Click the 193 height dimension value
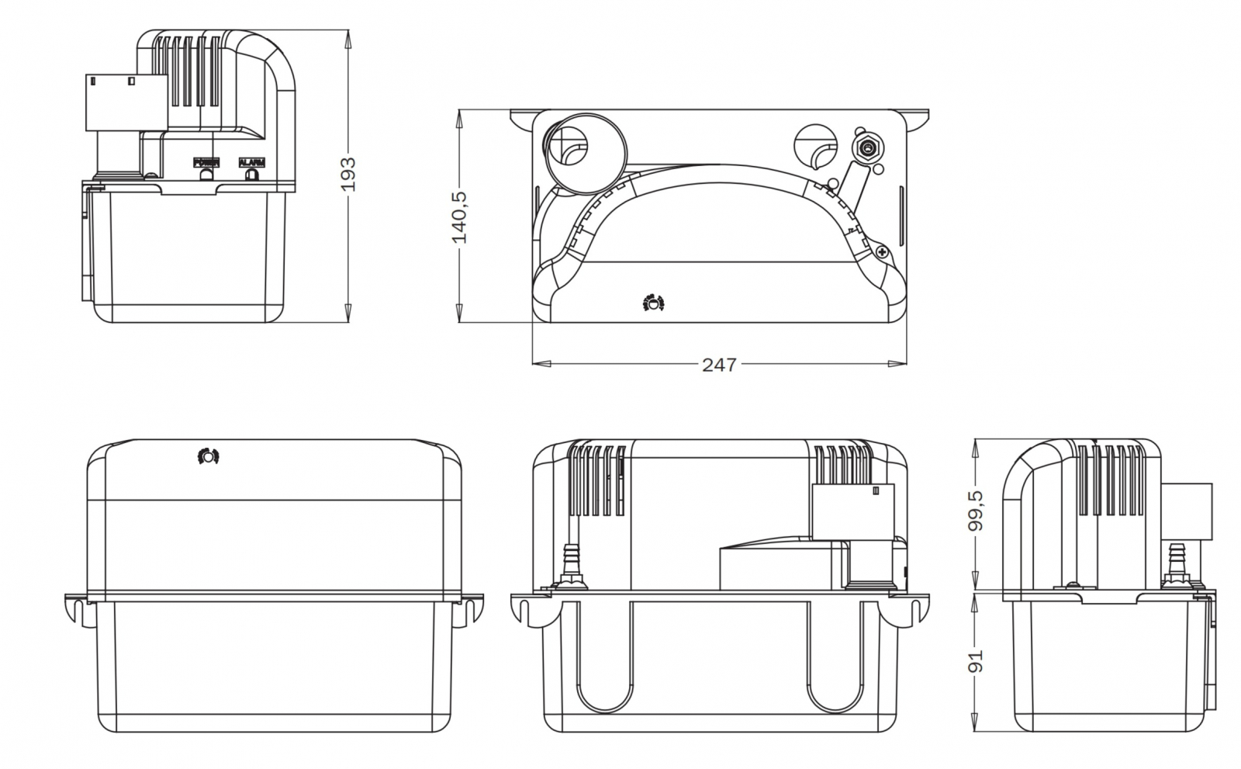click(348, 175)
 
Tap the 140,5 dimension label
click(459, 217)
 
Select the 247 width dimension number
click(719, 363)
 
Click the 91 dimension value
click(977, 660)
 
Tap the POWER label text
click(207, 163)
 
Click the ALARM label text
click(252, 163)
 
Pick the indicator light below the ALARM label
click(251, 175)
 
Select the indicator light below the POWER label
click(206, 175)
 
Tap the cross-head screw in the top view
click(882, 252)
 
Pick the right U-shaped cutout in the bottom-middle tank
click(833, 667)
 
